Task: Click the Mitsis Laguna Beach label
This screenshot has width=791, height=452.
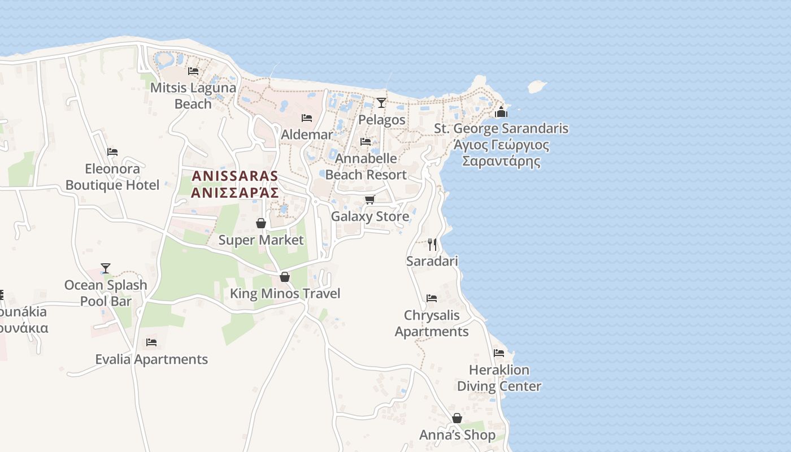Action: [x=193, y=95]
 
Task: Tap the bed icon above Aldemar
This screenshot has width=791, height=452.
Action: [x=307, y=118]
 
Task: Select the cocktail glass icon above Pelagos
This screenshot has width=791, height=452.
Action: [x=381, y=103]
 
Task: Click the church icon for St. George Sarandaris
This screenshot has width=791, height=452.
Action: [x=501, y=112]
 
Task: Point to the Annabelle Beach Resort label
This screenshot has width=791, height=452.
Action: [x=366, y=167]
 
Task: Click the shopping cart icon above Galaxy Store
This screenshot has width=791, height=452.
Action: [x=370, y=199]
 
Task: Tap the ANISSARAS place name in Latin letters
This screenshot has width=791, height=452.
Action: [x=235, y=176]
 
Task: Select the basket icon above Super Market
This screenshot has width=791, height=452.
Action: [x=260, y=223]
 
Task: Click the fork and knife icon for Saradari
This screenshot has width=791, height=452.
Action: [x=432, y=244]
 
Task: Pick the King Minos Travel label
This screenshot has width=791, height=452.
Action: [x=285, y=293]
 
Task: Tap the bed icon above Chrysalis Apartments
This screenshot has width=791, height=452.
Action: [x=432, y=298]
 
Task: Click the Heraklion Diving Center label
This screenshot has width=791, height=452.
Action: [x=499, y=378]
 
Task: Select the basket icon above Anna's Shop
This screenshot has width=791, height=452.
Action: [x=457, y=418]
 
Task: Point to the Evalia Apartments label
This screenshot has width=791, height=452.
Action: [x=151, y=359]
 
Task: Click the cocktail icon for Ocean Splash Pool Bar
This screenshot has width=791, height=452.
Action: [x=106, y=268]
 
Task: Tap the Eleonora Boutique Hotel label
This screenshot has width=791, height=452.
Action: [x=112, y=176]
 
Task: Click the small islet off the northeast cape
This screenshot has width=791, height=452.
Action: [x=537, y=86]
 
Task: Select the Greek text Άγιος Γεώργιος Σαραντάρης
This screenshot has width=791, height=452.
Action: [x=501, y=153]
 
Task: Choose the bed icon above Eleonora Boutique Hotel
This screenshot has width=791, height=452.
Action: [x=112, y=151]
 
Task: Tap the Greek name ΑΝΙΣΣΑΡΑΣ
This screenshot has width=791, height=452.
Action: [x=235, y=193]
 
